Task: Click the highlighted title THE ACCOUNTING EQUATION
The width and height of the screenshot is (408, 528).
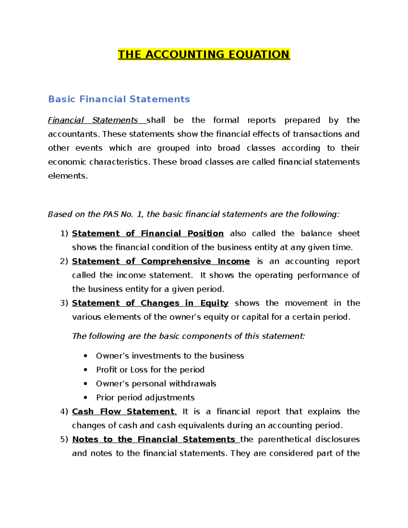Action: (204, 54)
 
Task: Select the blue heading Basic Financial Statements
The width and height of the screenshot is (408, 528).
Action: (119, 99)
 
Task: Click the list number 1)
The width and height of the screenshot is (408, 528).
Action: (64, 234)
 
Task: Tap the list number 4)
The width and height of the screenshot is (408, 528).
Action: (64, 412)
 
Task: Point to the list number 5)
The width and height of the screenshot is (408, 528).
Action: (64, 440)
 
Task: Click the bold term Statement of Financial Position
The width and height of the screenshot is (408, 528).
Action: (148, 234)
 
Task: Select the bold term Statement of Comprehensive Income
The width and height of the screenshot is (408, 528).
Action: (161, 261)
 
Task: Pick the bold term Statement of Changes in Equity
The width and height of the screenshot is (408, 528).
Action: (150, 303)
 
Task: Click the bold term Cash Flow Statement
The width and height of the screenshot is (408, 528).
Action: (124, 412)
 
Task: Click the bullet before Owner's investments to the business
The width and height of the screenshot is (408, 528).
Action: (86, 356)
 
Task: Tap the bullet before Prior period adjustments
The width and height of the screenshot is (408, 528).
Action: (86, 398)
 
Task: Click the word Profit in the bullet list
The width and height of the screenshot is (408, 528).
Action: (106, 370)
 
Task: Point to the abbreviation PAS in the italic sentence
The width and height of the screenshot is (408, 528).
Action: (111, 214)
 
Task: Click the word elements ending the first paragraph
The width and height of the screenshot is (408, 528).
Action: (67, 176)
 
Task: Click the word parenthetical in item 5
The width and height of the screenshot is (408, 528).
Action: (285, 440)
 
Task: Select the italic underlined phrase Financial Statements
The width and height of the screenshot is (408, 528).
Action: (93, 120)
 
